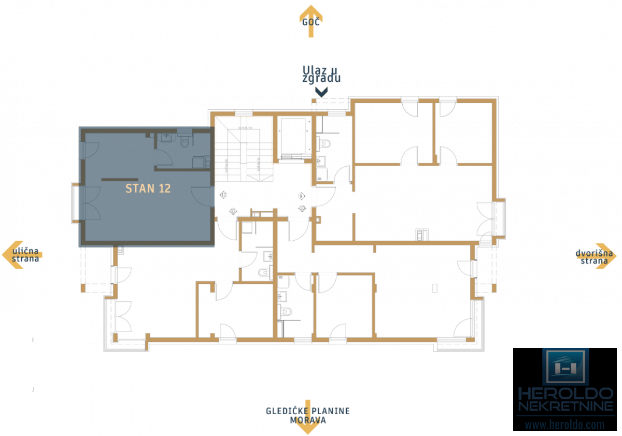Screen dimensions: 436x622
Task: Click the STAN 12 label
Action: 148,188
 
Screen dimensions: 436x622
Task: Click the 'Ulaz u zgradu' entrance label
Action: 321,74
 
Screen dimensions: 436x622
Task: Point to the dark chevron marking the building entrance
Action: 321,92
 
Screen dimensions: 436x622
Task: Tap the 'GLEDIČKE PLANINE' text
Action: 307,411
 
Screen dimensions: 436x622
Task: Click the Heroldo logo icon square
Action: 566,367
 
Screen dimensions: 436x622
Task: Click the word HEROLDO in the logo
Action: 566,393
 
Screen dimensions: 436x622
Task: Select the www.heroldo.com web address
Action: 564,425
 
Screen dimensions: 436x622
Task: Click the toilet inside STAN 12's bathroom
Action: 185,141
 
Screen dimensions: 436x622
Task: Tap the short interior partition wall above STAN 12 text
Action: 120,179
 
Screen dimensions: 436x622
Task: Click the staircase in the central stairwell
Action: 244,150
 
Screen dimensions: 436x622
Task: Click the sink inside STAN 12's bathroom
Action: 165,138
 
